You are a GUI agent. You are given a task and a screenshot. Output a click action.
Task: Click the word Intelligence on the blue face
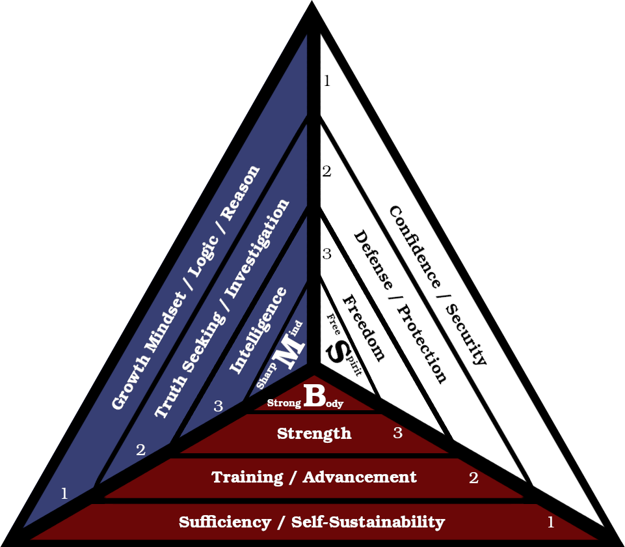258,330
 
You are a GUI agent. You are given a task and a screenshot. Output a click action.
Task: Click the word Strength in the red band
314,433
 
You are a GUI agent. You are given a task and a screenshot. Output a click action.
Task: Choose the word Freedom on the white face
364,327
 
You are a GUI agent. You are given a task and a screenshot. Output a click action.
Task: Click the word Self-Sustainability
368,522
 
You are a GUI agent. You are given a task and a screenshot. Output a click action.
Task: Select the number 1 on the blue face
64,494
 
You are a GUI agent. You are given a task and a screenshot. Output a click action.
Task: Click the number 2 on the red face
473,478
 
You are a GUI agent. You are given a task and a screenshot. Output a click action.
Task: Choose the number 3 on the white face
326,254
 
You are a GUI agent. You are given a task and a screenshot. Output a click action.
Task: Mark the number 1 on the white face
327,81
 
